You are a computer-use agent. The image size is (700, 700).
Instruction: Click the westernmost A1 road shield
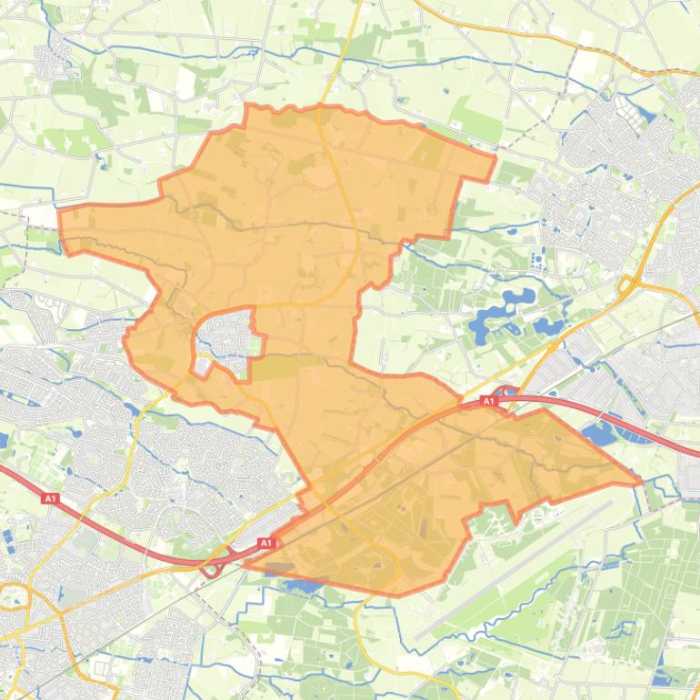click(51, 498)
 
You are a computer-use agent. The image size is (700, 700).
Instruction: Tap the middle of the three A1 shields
click(265, 543)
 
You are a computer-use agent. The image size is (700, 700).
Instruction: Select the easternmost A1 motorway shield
click(488, 401)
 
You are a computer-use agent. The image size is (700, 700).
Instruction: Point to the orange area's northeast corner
click(495, 159)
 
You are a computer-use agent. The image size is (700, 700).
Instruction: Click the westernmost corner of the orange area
click(60, 213)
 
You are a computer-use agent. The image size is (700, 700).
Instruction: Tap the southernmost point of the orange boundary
click(396, 595)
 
